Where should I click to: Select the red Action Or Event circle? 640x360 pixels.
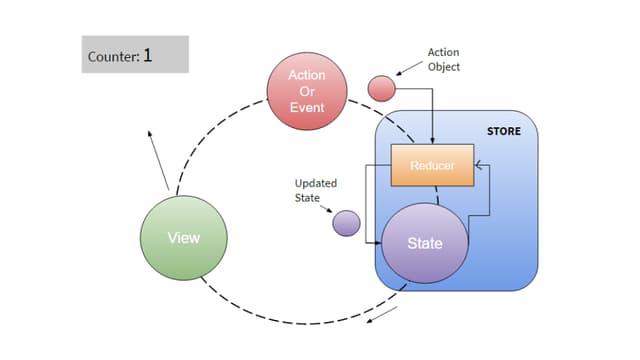pyautogui.click(x=307, y=92)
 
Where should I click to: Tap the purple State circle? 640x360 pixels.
pyautogui.click(x=424, y=243)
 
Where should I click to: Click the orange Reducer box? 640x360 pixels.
pyautogui.click(x=432, y=165)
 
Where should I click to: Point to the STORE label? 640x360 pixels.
pyautogui.click(x=503, y=131)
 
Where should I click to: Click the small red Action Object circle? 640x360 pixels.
pyautogui.click(x=382, y=88)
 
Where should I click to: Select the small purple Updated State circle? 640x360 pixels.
pyautogui.click(x=346, y=223)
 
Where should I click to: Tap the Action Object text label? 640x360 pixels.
pyautogui.click(x=443, y=60)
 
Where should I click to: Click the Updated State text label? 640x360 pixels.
pyautogui.click(x=315, y=190)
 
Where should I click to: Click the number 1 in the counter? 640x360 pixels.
pyautogui.click(x=147, y=55)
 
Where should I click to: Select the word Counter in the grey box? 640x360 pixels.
pyautogui.click(x=111, y=56)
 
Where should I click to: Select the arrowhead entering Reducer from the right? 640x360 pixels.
pyautogui.click(x=478, y=165)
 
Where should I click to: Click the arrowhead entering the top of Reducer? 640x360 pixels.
pyautogui.click(x=432, y=141)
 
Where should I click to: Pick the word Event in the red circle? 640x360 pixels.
pyautogui.click(x=307, y=107)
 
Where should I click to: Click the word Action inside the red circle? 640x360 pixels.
pyautogui.click(x=307, y=76)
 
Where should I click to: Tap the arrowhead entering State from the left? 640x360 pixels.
pyautogui.click(x=379, y=243)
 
